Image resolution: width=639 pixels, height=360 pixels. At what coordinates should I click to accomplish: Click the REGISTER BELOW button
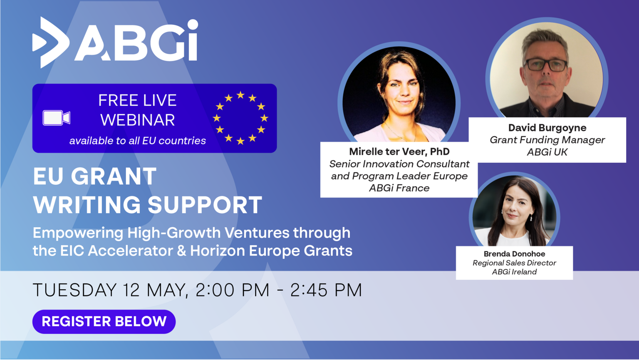(x=104, y=321)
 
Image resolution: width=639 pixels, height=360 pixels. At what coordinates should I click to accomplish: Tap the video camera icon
(x=57, y=118)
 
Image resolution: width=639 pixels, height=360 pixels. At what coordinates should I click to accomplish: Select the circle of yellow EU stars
(x=240, y=118)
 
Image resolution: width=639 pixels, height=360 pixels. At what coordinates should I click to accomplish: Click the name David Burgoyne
(x=547, y=128)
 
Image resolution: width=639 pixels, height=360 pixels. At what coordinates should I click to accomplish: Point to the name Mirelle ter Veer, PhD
(x=399, y=151)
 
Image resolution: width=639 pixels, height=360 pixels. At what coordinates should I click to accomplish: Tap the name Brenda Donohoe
(x=514, y=254)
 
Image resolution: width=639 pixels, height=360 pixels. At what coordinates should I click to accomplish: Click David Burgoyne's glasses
(x=546, y=65)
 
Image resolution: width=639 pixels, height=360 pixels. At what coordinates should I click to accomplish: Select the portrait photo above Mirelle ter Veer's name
(x=399, y=94)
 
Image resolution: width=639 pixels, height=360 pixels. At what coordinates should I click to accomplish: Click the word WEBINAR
(x=138, y=120)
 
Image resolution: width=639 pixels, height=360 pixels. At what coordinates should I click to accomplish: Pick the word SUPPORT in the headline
(x=205, y=205)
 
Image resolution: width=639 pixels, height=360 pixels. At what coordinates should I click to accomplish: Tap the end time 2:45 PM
(x=326, y=290)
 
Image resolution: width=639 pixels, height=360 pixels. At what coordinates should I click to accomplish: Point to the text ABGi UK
(x=547, y=152)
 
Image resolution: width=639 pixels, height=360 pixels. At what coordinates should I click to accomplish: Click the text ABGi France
(x=399, y=188)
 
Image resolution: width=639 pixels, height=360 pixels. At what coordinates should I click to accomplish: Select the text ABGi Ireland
(x=514, y=272)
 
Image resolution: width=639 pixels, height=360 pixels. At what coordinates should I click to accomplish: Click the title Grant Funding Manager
(x=547, y=140)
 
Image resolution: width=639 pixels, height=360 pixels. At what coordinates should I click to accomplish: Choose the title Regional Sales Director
(x=514, y=263)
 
